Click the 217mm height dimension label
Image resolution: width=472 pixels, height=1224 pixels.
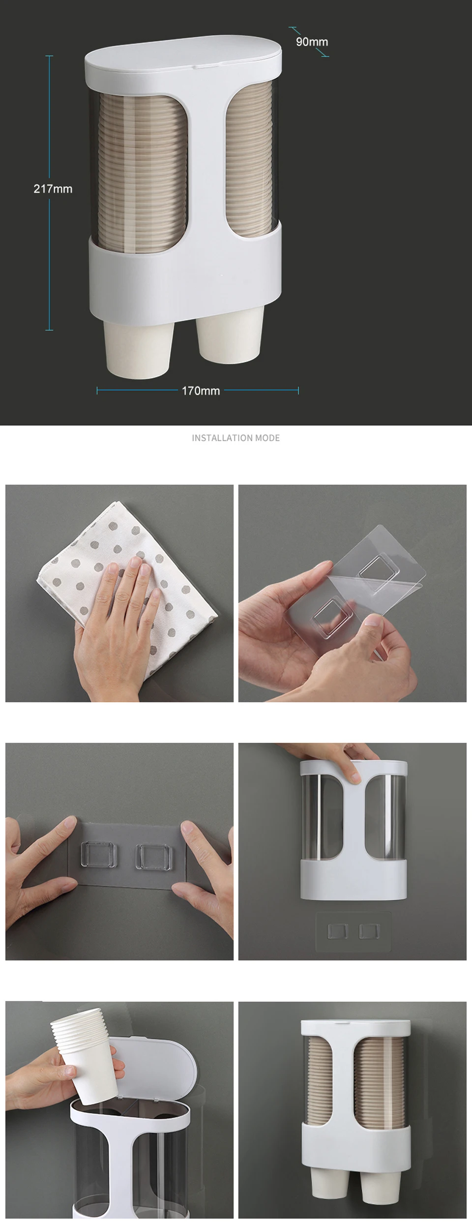(x=53, y=189)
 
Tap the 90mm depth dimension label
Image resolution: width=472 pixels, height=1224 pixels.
(x=312, y=42)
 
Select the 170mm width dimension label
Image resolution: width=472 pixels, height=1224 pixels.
(x=201, y=391)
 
